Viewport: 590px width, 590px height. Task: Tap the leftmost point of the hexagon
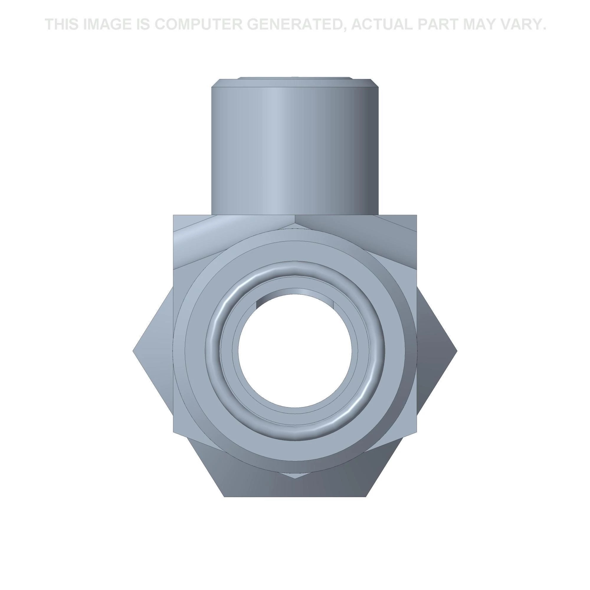tap(134, 351)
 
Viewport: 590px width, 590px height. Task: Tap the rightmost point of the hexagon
tap(457, 351)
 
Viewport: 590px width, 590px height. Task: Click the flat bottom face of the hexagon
tap(295, 495)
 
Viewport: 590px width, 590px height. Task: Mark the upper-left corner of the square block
tap(173, 215)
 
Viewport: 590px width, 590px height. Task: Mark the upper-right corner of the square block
tap(417, 215)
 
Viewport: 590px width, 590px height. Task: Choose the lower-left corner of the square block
tap(173, 432)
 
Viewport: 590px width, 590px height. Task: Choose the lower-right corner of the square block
tap(417, 432)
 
